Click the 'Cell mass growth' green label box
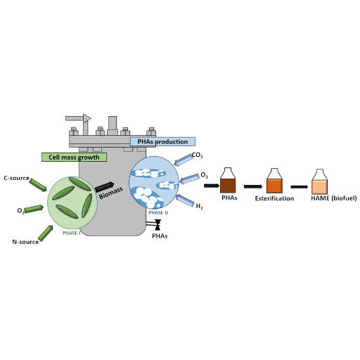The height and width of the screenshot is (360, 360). (74, 157)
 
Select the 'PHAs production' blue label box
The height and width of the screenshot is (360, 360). (162, 141)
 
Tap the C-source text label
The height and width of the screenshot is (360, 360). (16, 178)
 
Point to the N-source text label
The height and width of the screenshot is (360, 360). (25, 242)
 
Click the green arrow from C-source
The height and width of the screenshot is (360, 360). (38, 185)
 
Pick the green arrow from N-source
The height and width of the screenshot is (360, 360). (46, 233)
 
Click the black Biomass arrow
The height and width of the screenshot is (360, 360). (105, 187)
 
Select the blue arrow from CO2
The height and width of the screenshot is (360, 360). (184, 160)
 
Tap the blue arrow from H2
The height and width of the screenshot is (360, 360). (185, 200)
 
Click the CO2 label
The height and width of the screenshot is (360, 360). (197, 155)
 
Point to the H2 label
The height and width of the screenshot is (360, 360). (199, 206)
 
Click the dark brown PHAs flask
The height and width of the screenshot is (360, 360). (228, 180)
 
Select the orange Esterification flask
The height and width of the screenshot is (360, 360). (274, 181)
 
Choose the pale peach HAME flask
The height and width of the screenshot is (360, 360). (320, 181)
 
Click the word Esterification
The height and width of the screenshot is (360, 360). (274, 198)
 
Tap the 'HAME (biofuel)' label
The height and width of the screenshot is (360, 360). (334, 198)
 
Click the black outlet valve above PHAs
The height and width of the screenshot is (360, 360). (157, 225)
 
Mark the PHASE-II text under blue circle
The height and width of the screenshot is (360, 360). (158, 213)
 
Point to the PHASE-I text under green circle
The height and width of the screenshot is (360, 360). (72, 233)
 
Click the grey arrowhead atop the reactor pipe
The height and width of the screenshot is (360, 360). (87, 118)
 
